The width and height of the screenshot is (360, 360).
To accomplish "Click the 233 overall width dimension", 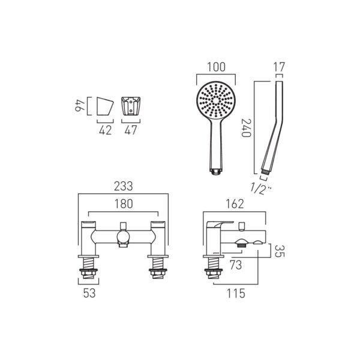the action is (x=123, y=186).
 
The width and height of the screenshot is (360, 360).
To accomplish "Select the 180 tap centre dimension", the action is (x=124, y=204).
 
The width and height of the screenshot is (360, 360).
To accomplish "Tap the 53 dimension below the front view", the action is (x=89, y=293).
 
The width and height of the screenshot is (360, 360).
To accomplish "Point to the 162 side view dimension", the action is (x=235, y=204).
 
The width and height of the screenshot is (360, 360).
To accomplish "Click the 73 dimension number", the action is (x=236, y=265).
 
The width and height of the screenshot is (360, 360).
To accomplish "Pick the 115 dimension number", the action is (x=236, y=293).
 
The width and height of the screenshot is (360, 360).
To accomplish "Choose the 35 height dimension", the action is (x=280, y=251).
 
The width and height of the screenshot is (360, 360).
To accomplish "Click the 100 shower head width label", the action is (x=216, y=67).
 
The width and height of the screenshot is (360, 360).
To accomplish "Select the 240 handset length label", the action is (x=246, y=128).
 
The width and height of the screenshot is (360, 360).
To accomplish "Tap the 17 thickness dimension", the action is (x=279, y=67).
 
